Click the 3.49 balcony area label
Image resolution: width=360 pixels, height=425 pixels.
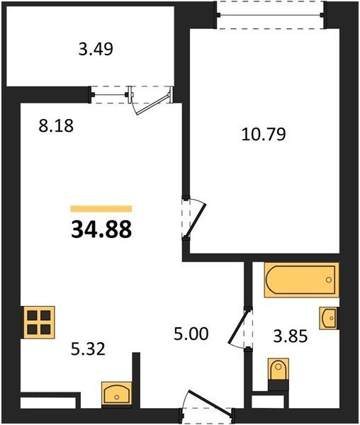(96, 50)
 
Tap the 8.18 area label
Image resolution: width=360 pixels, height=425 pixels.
(56, 126)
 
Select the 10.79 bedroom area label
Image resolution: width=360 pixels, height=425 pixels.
(264, 135)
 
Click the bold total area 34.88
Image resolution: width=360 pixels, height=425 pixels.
(101, 229)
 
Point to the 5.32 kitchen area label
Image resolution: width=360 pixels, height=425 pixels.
(88, 348)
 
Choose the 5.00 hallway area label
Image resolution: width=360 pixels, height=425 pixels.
(191, 334)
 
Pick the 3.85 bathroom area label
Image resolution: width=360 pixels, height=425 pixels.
(291, 336)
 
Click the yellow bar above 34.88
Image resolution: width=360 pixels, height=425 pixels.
(101, 208)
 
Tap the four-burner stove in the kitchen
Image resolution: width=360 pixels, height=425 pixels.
(38, 322)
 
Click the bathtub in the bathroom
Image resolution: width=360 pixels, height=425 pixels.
(301, 280)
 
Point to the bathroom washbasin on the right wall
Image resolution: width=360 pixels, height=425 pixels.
(329, 318)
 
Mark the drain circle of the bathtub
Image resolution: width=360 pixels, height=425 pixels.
(329, 280)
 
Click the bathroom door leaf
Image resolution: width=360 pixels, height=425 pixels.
(238, 327)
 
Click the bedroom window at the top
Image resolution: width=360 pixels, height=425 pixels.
(270, 15)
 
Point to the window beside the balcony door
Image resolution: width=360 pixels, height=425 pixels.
(110, 95)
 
